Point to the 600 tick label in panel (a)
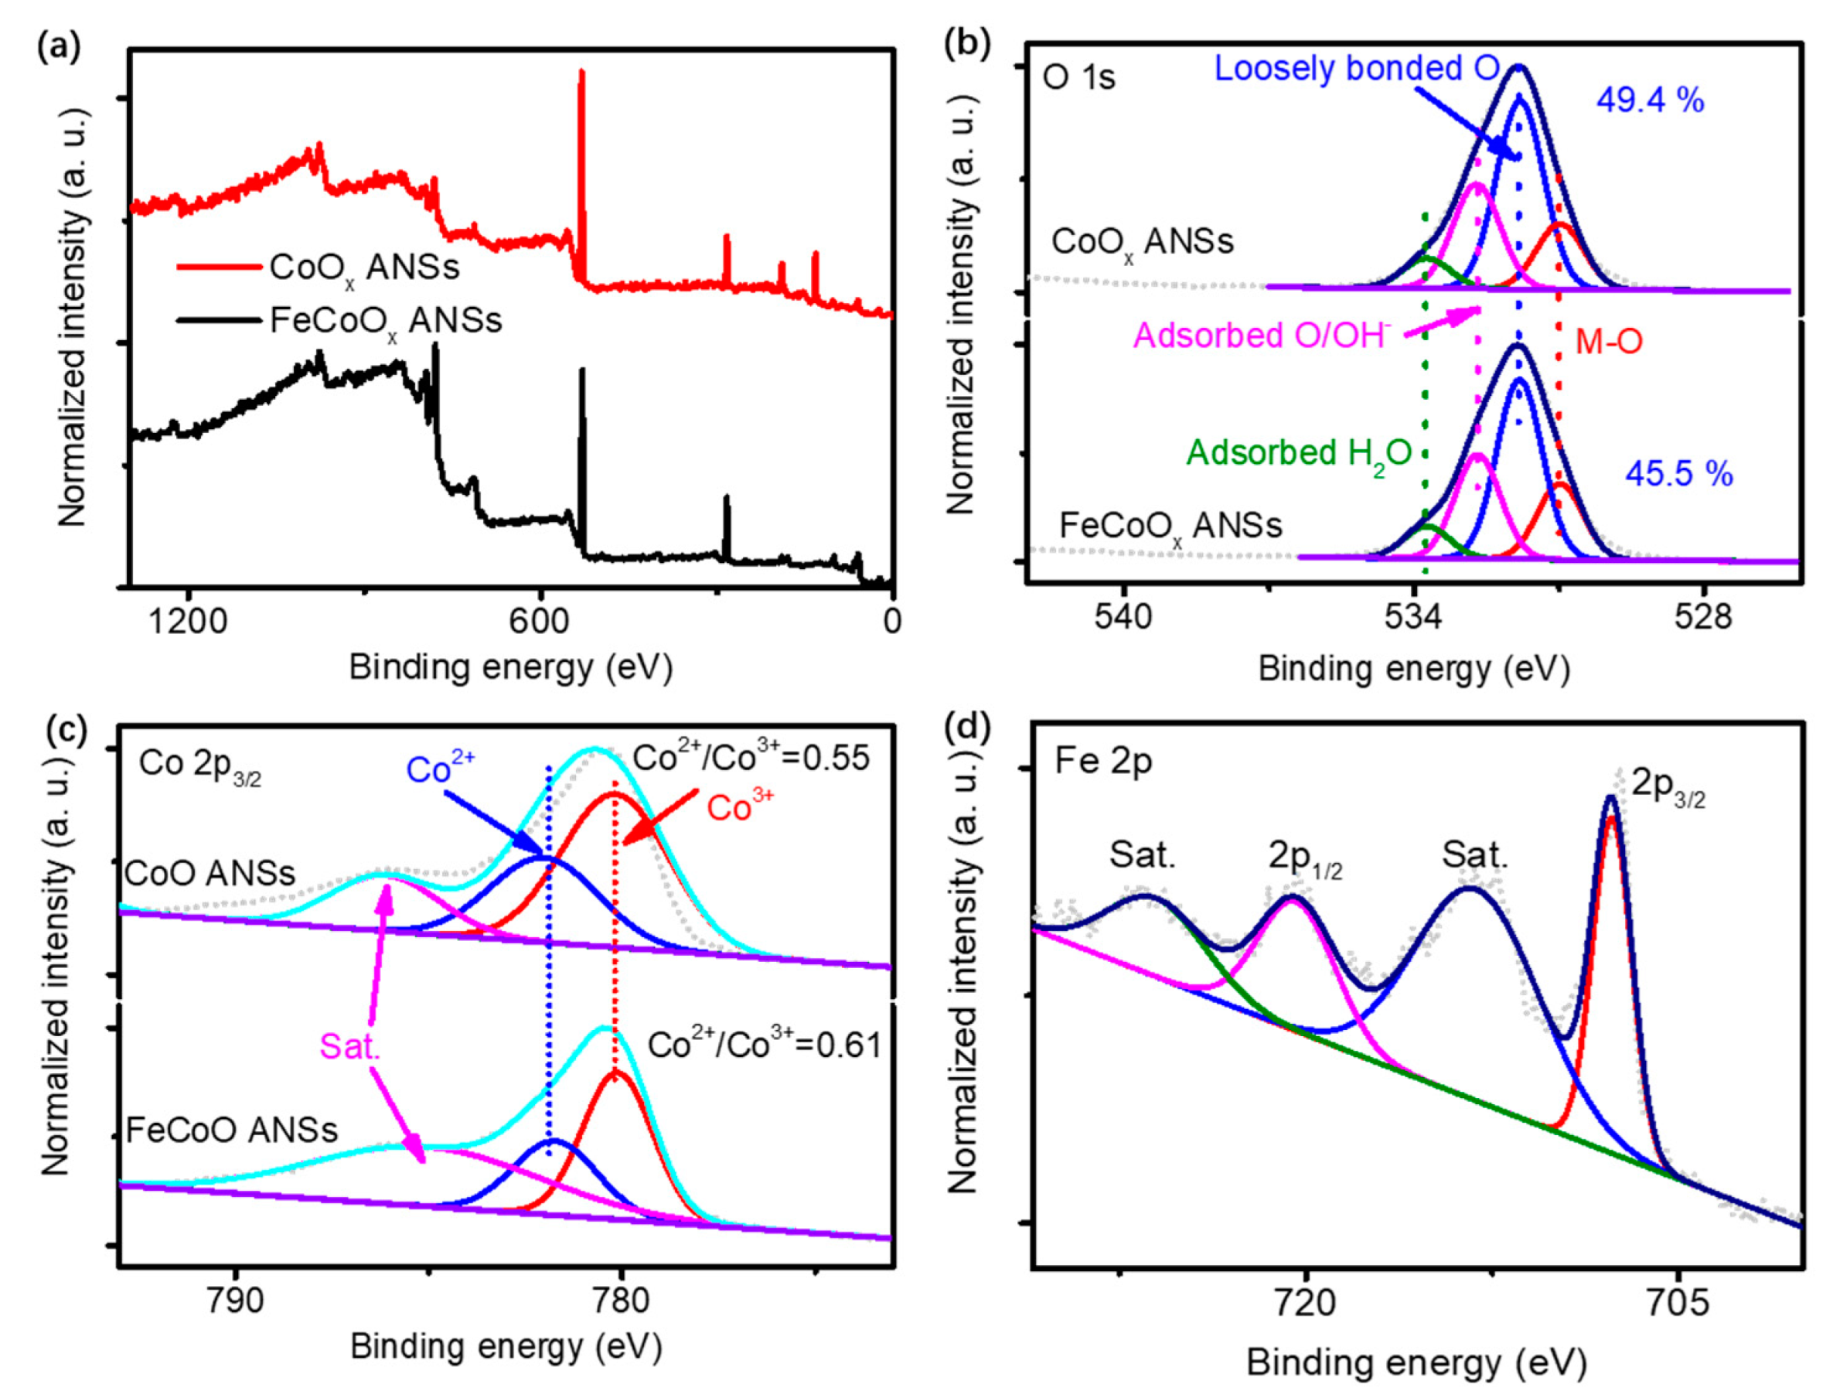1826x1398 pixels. [x=540, y=621]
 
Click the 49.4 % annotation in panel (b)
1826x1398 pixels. [x=1650, y=101]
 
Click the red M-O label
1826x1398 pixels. [x=1609, y=342]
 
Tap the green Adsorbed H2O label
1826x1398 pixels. [x=1299, y=454]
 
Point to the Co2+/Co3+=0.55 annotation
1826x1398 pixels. [x=751, y=758]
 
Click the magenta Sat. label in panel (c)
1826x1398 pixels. [x=349, y=1047]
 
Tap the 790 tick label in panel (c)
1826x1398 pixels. [x=238, y=1300]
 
